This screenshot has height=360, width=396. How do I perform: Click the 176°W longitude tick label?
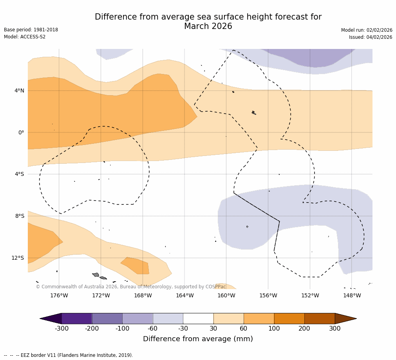59,295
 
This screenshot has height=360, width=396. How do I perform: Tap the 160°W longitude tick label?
226,295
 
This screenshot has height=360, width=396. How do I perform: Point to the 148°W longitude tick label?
352,295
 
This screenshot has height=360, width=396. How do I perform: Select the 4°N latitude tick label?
19,90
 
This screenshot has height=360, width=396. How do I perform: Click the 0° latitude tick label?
21,132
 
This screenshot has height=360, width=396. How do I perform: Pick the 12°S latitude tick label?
18,258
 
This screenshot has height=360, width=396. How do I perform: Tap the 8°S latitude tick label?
20,216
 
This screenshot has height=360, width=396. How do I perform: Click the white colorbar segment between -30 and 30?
198,318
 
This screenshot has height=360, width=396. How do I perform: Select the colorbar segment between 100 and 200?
289,318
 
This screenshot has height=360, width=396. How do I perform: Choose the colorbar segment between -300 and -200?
77,318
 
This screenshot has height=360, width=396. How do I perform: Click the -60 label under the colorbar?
152,329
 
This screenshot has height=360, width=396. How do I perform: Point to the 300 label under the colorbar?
335,329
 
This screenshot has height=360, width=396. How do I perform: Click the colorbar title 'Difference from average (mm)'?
198,339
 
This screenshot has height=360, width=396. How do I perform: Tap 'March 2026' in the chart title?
208,27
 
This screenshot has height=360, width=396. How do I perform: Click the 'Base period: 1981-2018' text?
31,30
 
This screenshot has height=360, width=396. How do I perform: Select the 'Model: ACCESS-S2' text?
25,37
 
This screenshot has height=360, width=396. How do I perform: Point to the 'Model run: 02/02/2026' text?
367,30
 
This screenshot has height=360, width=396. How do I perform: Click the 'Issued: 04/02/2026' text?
371,37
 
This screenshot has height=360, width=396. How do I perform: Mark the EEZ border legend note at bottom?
69,355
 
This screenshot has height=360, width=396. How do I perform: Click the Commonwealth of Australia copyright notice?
131,287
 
